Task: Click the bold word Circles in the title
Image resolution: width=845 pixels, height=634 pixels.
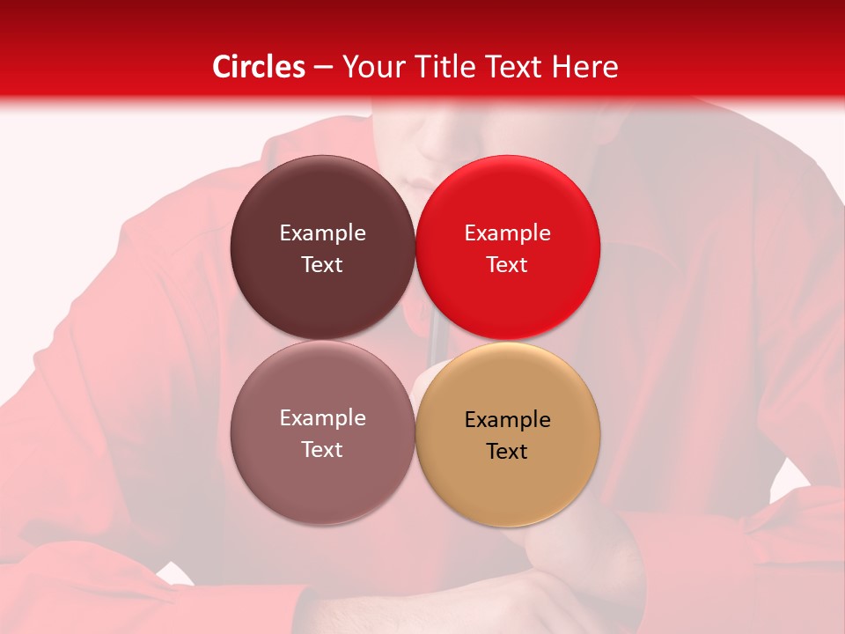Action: pos(259,67)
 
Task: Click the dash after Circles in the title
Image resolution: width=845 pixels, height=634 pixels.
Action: pos(323,68)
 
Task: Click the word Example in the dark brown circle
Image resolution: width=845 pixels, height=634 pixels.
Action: pos(322,233)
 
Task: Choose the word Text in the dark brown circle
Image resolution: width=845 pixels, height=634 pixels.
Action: pos(322,264)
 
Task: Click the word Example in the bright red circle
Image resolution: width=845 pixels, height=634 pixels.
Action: pos(508,233)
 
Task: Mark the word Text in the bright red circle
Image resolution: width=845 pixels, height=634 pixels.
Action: pos(508,264)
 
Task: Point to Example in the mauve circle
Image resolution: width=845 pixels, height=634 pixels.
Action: pos(322,418)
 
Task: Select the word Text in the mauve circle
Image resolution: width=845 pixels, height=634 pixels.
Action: pos(322,449)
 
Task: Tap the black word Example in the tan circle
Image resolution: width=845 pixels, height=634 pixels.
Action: pos(508,420)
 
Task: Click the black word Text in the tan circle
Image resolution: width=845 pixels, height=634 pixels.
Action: pos(508,451)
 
